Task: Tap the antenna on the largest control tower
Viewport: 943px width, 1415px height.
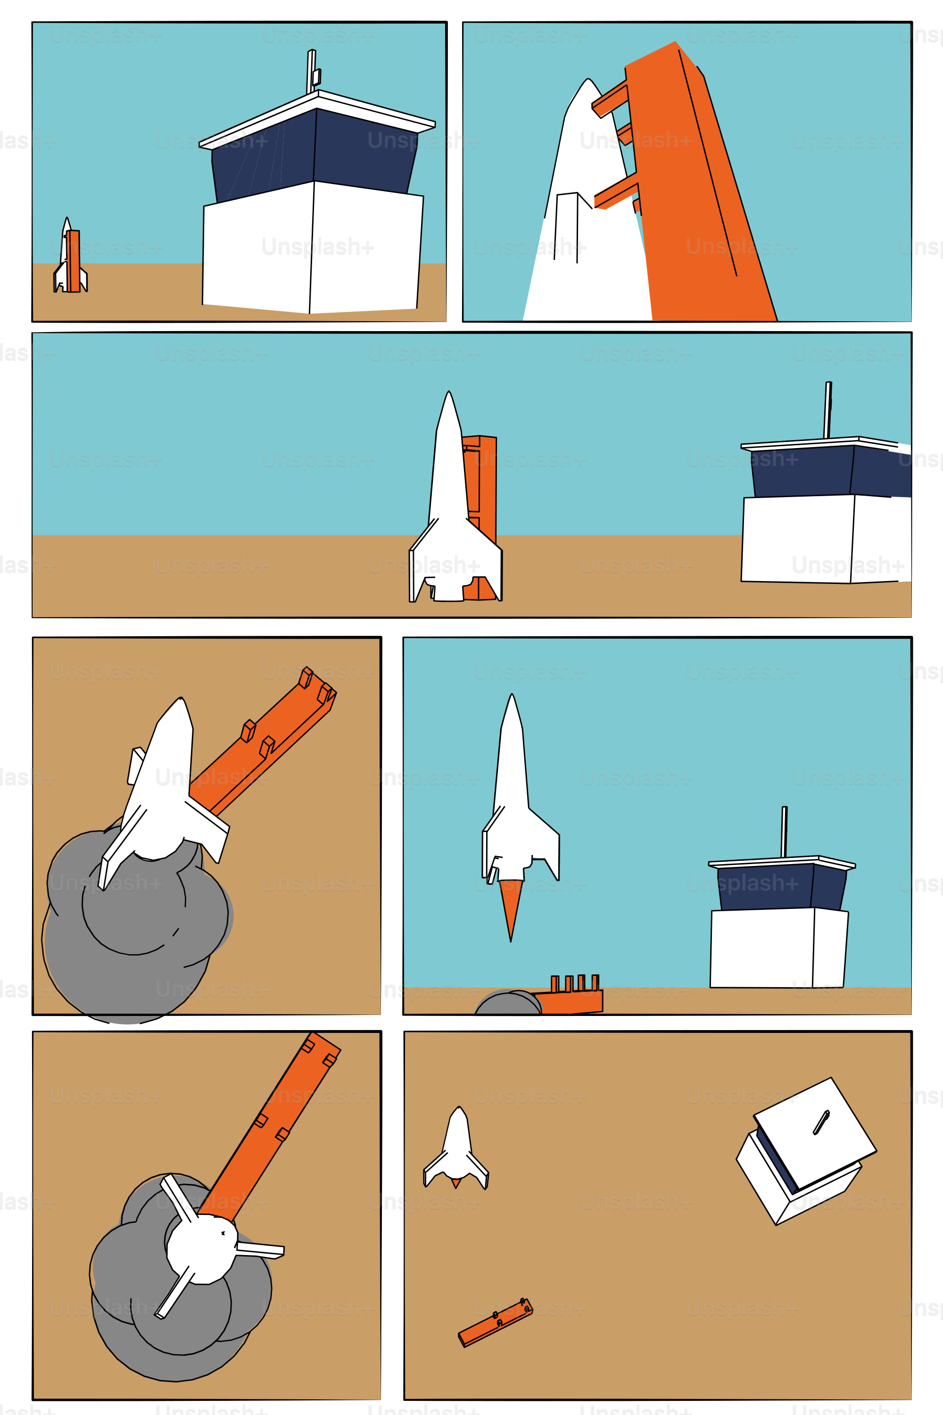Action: [313, 71]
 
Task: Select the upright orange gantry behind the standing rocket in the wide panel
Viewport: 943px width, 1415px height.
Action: [481, 517]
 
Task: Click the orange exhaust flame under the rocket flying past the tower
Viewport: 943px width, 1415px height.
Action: [511, 909]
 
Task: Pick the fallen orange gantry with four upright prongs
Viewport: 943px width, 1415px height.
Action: [568, 996]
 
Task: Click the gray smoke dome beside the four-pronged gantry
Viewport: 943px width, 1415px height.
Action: [508, 1003]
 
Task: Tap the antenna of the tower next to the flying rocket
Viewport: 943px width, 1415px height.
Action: [784, 832]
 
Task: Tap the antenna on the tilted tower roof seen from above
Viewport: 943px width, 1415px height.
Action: [821, 1123]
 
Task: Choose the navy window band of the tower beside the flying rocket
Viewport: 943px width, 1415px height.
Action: [782, 887]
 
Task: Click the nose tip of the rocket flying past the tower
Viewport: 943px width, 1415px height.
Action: [512, 695]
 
